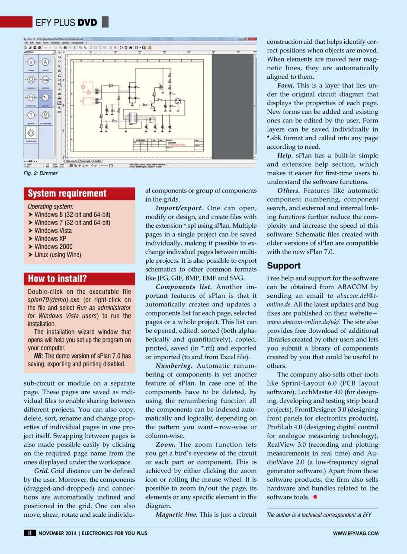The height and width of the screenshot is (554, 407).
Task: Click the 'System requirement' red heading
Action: [67, 193]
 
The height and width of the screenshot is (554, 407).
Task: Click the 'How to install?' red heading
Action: [57, 278]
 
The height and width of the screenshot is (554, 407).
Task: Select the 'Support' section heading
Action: [283, 265]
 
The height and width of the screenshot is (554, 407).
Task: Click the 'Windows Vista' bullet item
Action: [53, 230]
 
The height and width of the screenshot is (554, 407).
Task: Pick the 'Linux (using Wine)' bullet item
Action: [58, 254]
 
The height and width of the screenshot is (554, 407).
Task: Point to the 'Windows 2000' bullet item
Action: [53, 246]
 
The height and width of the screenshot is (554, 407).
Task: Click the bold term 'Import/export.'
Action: [180, 208]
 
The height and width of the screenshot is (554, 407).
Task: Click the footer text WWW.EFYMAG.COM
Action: [356, 533]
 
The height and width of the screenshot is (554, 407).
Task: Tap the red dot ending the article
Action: [315, 497]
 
